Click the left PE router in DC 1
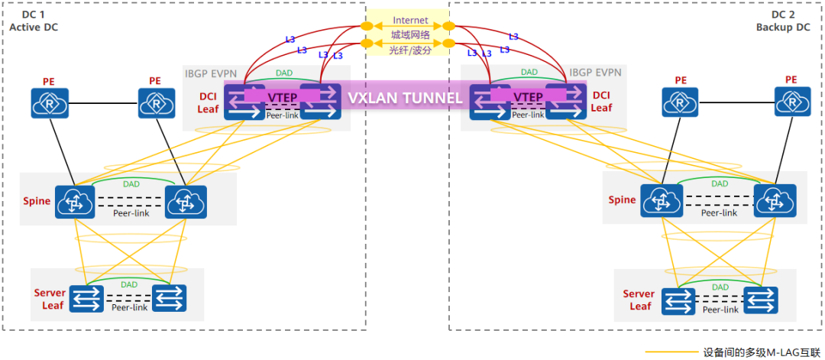pos(50,102)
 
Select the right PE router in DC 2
pos(792,102)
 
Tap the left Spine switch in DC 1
pos(74,203)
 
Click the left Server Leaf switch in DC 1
pos(86,298)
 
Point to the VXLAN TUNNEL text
pos(405,98)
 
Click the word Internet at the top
pos(410,20)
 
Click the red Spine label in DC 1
pos(37,201)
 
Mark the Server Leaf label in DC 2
pos(639,300)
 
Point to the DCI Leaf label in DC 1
pos(207,102)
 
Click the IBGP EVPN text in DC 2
pos(595,73)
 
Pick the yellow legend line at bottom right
pos(669,353)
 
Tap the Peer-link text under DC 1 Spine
pos(130,213)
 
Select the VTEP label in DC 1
pos(282,98)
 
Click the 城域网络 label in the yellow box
pos(410,35)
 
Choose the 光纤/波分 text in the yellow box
pos(410,50)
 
